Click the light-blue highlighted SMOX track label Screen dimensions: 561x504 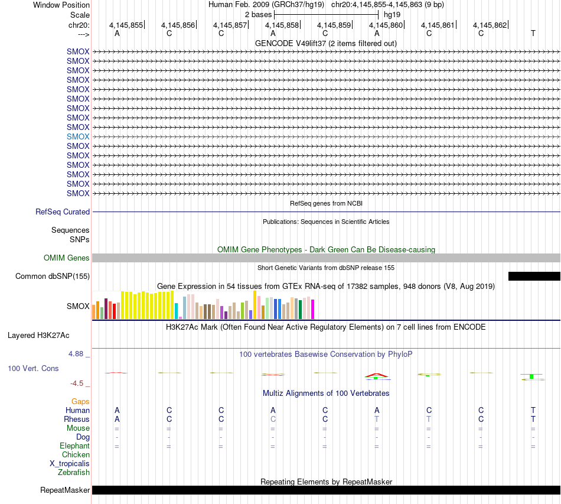[x=78, y=136]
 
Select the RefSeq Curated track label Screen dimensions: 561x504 [x=63, y=212]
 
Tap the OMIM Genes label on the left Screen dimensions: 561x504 [x=67, y=258]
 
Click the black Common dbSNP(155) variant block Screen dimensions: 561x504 [x=534, y=276]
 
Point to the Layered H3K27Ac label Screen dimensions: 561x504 [x=38, y=336]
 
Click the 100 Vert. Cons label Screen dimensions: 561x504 [x=33, y=368]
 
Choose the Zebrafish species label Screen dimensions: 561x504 [x=74, y=473]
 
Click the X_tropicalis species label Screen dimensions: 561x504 [x=70, y=464]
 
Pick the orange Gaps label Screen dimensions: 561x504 [x=80, y=402]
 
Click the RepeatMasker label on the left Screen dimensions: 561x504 [x=65, y=490]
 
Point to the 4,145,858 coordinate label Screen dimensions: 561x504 [x=282, y=25]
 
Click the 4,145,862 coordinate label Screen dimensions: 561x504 [x=490, y=25]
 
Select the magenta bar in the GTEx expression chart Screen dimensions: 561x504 [x=313, y=309]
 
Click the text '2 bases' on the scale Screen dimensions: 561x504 [x=258, y=15]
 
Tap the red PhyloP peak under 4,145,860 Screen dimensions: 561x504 [x=377, y=375]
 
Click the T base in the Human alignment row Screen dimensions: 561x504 [x=533, y=410]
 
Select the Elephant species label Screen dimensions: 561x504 [x=75, y=446]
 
